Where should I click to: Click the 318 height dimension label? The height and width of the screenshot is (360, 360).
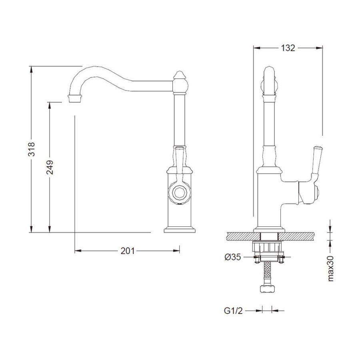32,149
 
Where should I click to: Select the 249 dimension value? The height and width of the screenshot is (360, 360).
50,167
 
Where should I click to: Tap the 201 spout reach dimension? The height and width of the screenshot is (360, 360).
128,251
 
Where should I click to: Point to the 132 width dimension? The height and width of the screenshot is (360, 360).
288,48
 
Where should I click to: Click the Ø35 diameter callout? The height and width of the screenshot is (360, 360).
232,257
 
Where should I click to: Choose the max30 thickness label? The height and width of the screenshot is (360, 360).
330,268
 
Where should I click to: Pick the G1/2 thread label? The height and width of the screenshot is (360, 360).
233,311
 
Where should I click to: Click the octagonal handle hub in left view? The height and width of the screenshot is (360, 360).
179,192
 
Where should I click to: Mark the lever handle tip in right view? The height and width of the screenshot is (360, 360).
318,147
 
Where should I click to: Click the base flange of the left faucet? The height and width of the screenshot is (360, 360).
180,230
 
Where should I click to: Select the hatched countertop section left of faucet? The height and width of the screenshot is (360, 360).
243,236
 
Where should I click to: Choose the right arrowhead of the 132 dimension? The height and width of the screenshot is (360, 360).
319,48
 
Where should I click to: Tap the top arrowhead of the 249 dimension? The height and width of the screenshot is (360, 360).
49,105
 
